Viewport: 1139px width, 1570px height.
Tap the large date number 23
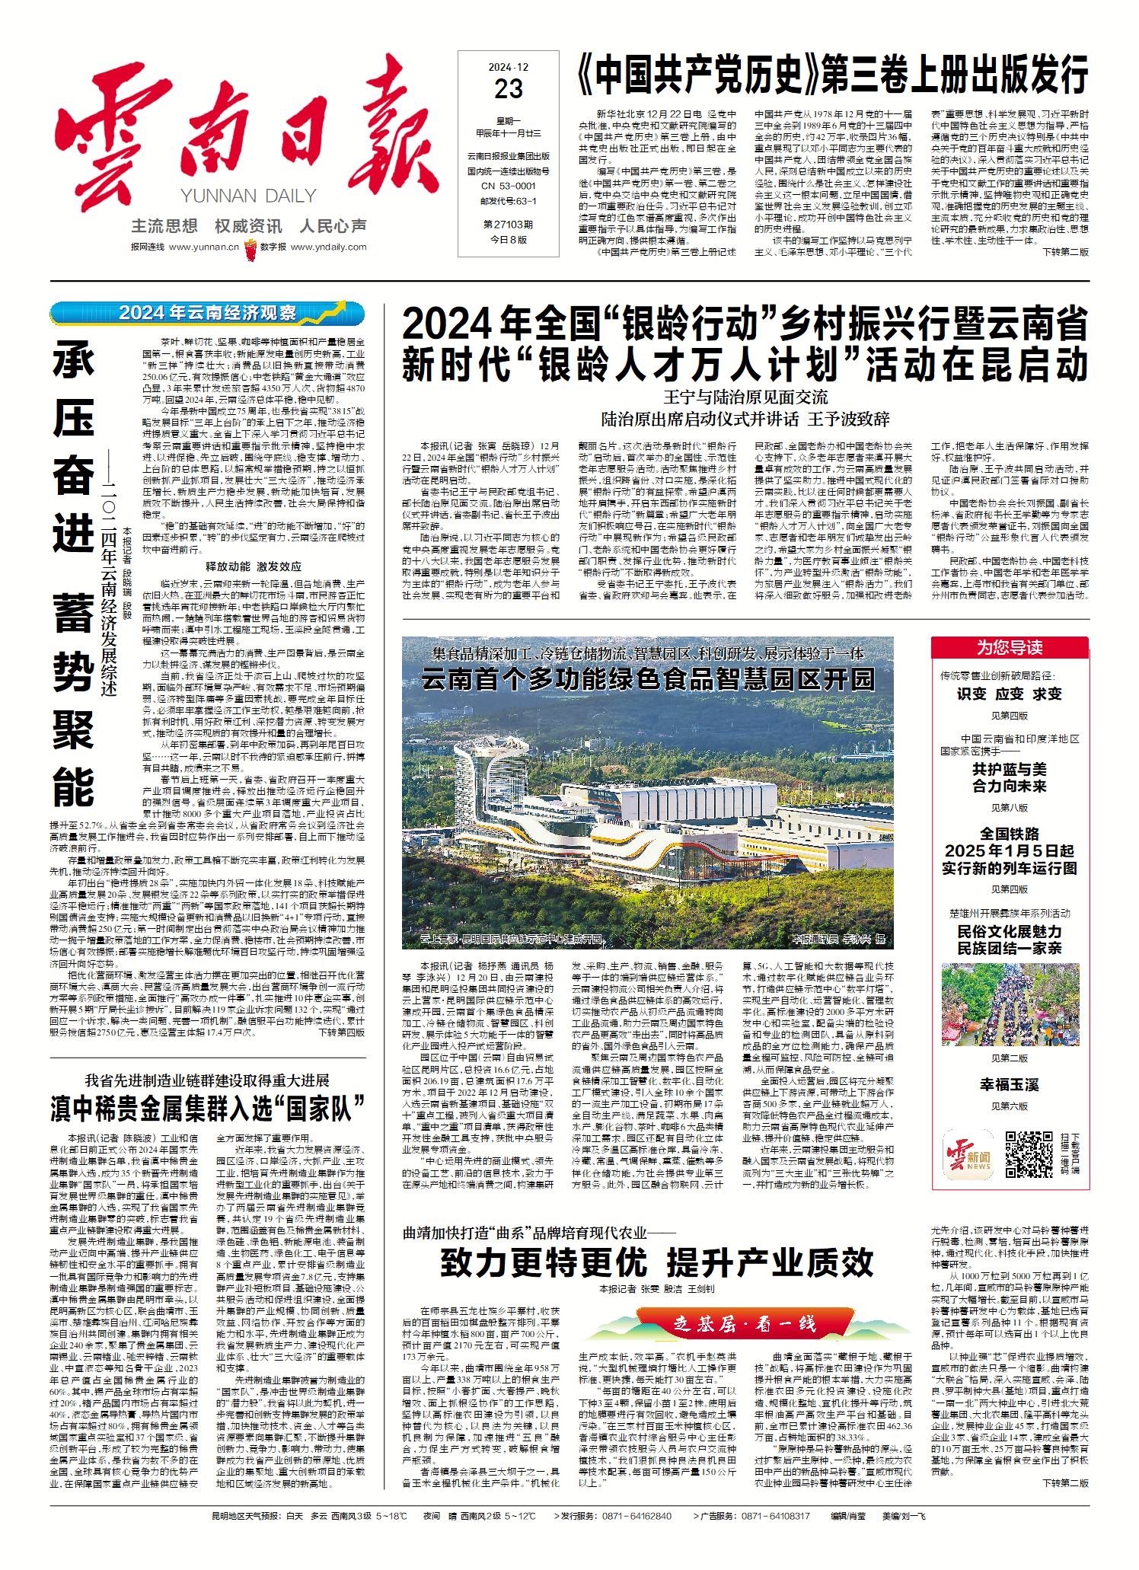509,89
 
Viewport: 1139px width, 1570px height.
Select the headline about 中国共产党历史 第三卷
833,75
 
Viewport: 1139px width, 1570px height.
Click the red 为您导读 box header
1010,648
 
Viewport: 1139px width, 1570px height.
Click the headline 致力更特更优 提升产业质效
657,1262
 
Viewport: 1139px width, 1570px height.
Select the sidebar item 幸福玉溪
1010,1084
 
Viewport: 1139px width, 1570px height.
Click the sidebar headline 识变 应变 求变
1010,694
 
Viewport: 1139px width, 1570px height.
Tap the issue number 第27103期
508,225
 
